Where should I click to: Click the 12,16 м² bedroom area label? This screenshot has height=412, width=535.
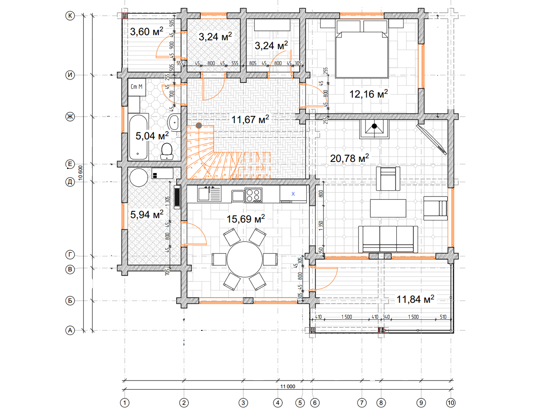[x=369, y=94]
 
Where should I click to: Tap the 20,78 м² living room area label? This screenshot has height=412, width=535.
[x=349, y=158]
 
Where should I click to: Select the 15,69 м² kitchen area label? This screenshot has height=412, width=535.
[x=245, y=219]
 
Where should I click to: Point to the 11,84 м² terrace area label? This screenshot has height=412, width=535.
[x=415, y=299]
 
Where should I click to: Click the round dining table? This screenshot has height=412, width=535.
[x=245, y=259]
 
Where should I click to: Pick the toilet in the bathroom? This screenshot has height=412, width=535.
[x=167, y=151]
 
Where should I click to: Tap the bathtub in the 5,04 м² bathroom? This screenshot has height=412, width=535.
[x=138, y=137]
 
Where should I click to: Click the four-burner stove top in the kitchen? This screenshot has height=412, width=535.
[x=254, y=195]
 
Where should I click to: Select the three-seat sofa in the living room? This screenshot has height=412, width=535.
[x=388, y=239]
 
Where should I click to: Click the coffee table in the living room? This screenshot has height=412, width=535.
[x=388, y=208]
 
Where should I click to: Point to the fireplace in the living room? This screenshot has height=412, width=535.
[x=374, y=129]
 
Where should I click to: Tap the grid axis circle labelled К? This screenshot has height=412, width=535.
[x=70, y=16]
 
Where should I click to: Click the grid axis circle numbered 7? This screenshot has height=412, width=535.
[x=362, y=403]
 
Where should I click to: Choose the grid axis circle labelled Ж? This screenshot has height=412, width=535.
[x=70, y=116]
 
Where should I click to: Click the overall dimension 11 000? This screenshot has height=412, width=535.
[x=288, y=386]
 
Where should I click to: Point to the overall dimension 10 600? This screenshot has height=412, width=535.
[x=80, y=173]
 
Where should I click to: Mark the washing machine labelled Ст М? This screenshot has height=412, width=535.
[x=137, y=87]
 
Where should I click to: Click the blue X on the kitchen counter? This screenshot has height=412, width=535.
[x=293, y=194]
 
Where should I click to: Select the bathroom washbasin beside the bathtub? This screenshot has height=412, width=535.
[x=174, y=122]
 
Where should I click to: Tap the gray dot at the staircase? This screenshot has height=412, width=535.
[x=199, y=126]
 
